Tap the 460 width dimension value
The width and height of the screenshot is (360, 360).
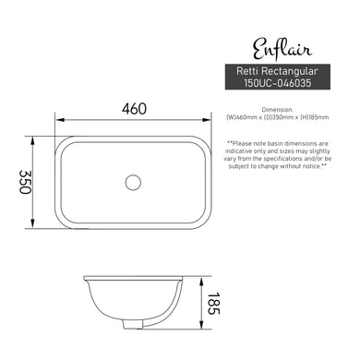click(x=134, y=108)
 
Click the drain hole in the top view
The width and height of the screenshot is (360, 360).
click(x=134, y=183)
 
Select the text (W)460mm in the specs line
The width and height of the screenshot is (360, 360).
click(x=244, y=118)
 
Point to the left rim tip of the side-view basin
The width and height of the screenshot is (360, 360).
click(x=85, y=277)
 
